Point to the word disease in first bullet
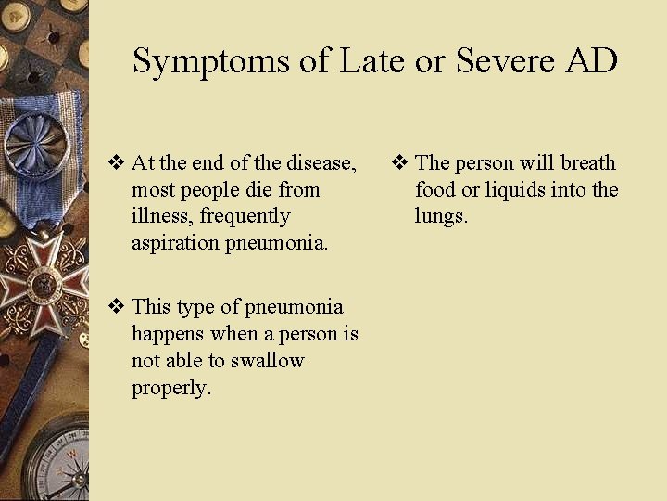(x=321, y=163)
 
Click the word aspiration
(x=176, y=243)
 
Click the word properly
(x=171, y=388)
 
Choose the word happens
(x=169, y=333)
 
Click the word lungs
(x=441, y=217)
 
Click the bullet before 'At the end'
(x=117, y=164)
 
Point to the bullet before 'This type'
(x=117, y=307)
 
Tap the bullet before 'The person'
(x=400, y=164)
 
